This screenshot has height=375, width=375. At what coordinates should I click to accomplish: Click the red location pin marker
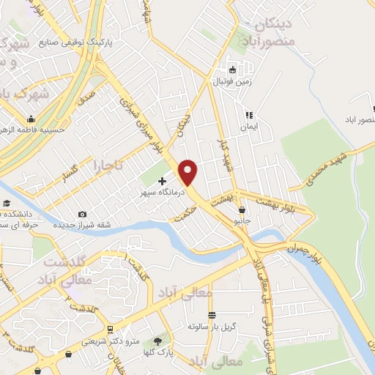[x=189, y=171]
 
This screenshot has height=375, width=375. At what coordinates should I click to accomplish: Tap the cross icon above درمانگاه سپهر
[x=162, y=180]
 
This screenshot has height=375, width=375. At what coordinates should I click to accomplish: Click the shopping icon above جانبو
[x=242, y=209]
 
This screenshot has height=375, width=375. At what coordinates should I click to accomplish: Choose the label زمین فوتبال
[x=232, y=82]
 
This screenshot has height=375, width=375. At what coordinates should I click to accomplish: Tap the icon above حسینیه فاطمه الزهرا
[x=30, y=119]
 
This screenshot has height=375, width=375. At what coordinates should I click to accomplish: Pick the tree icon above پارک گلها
[x=157, y=342]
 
